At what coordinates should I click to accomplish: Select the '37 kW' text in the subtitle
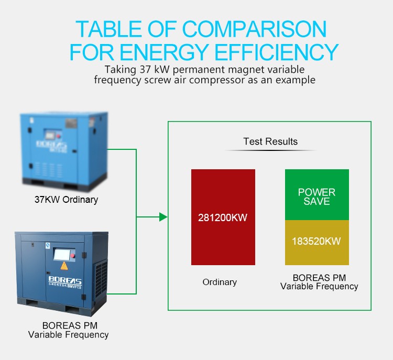(149, 69)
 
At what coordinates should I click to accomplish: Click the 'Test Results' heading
(270, 141)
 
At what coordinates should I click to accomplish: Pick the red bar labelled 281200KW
(223, 217)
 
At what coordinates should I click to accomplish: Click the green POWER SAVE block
(316, 195)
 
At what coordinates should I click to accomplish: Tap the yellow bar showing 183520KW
(316, 242)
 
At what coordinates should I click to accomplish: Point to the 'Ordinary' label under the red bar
(220, 282)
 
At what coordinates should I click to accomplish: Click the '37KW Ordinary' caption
(66, 200)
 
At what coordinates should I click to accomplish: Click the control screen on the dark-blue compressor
(62, 254)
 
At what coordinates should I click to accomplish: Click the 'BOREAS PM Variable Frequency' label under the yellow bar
(319, 282)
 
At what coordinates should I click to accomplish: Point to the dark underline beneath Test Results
(270, 150)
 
